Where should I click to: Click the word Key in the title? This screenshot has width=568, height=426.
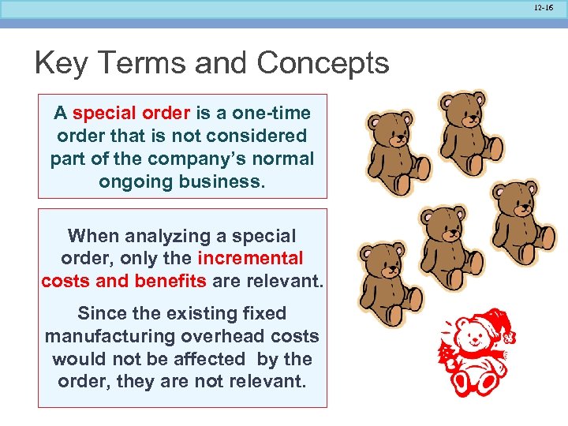61,63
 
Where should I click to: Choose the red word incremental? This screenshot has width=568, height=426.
250,258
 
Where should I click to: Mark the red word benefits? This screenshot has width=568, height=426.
170,281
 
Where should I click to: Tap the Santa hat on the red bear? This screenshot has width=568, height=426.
495,322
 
